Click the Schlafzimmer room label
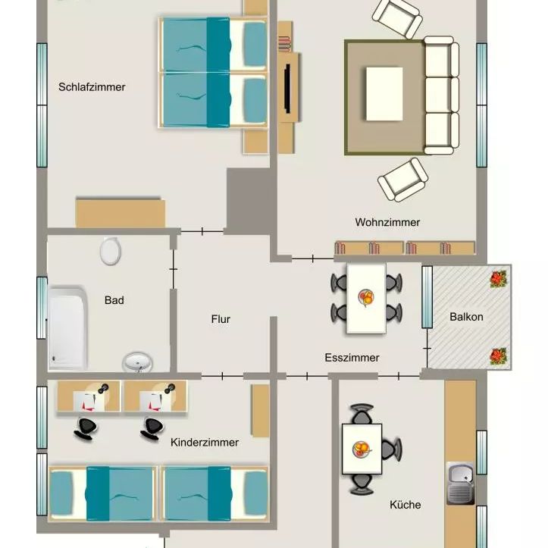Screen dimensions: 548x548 click(x=92, y=87)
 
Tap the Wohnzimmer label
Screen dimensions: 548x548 click(x=387, y=222)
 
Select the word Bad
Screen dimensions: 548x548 click(x=114, y=300)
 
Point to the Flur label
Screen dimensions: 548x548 click(x=221, y=319)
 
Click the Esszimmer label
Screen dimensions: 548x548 click(x=352, y=358)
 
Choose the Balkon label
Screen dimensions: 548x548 click(x=466, y=317)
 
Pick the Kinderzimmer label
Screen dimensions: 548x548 click(x=205, y=443)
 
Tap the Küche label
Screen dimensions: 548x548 click(x=406, y=504)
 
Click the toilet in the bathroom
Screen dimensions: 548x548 click(x=111, y=250)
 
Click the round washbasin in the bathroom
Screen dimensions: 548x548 click(x=137, y=362)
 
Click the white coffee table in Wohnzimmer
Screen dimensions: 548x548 click(x=384, y=93)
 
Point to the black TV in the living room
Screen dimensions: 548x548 click(x=287, y=87)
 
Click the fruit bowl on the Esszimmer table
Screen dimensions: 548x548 click(x=366, y=298)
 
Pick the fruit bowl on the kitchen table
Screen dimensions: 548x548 click(x=361, y=449)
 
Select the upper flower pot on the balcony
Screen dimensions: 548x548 click(x=498, y=278)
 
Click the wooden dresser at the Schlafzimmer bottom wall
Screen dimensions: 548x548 click(x=120, y=212)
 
